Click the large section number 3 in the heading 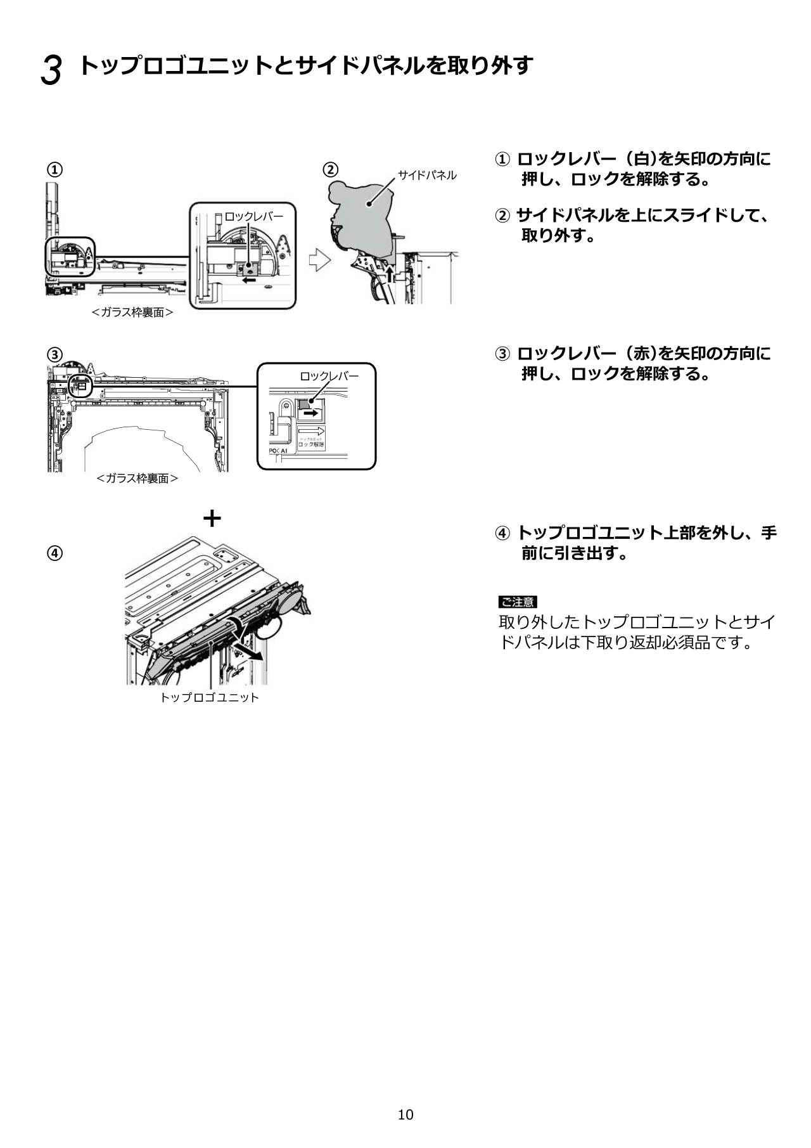point(51,70)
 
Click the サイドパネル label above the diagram point(427,175)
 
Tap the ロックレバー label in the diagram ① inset point(254,217)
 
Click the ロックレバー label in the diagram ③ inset point(329,376)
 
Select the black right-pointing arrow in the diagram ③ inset point(310,413)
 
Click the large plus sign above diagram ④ point(212,519)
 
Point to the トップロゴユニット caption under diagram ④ point(209,697)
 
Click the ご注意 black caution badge point(517,602)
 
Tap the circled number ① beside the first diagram point(56,169)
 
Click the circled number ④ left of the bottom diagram point(56,553)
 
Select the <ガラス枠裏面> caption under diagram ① point(132,312)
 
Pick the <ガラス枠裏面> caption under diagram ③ point(137,478)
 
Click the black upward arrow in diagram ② point(390,274)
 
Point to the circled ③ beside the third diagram point(56,354)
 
